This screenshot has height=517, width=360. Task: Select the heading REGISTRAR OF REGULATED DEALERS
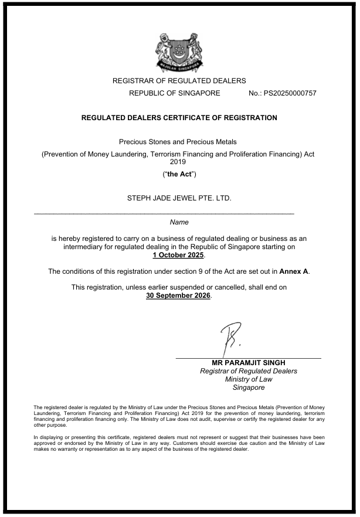click(179, 81)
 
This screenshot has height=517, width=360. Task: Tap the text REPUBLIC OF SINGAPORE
click(175, 93)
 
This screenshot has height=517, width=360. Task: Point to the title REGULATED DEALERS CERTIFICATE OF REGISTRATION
click(179, 118)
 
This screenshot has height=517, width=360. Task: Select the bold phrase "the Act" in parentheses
click(179, 175)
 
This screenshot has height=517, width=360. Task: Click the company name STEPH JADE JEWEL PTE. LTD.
click(179, 198)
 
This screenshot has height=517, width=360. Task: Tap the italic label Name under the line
click(179, 222)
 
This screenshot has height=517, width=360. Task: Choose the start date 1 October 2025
click(179, 255)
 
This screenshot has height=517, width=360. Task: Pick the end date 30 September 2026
click(179, 295)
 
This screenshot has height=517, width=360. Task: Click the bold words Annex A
click(293, 271)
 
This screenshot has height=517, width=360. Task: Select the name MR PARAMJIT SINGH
click(249, 363)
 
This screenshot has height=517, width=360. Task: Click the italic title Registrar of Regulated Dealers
click(249, 371)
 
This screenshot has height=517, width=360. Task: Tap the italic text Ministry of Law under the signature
click(249, 379)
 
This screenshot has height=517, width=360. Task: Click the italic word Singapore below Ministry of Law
click(249, 387)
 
